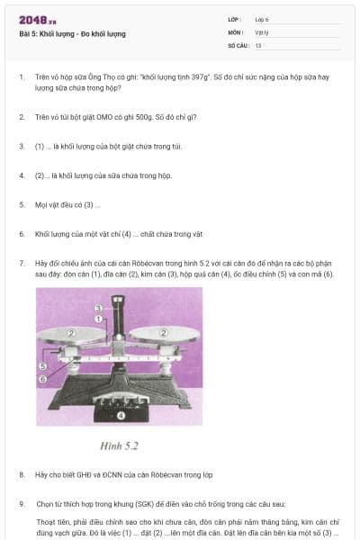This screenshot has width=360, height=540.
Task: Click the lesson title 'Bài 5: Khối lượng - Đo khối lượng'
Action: (72, 33)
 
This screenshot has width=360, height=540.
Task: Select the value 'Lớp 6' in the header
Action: (262, 19)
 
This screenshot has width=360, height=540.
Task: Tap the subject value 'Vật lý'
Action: (262, 31)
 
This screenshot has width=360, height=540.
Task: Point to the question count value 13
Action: (258, 44)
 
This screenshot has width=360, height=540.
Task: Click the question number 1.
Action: (22, 77)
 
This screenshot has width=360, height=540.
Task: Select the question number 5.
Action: (22, 204)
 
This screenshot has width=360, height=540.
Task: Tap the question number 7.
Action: (22, 263)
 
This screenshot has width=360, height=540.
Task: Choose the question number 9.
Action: (22, 503)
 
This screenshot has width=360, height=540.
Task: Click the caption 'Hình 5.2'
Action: (118, 445)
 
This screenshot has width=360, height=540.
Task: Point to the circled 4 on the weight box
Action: (121, 417)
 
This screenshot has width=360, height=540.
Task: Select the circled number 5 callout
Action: (42, 367)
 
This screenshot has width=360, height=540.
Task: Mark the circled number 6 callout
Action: (42, 380)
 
